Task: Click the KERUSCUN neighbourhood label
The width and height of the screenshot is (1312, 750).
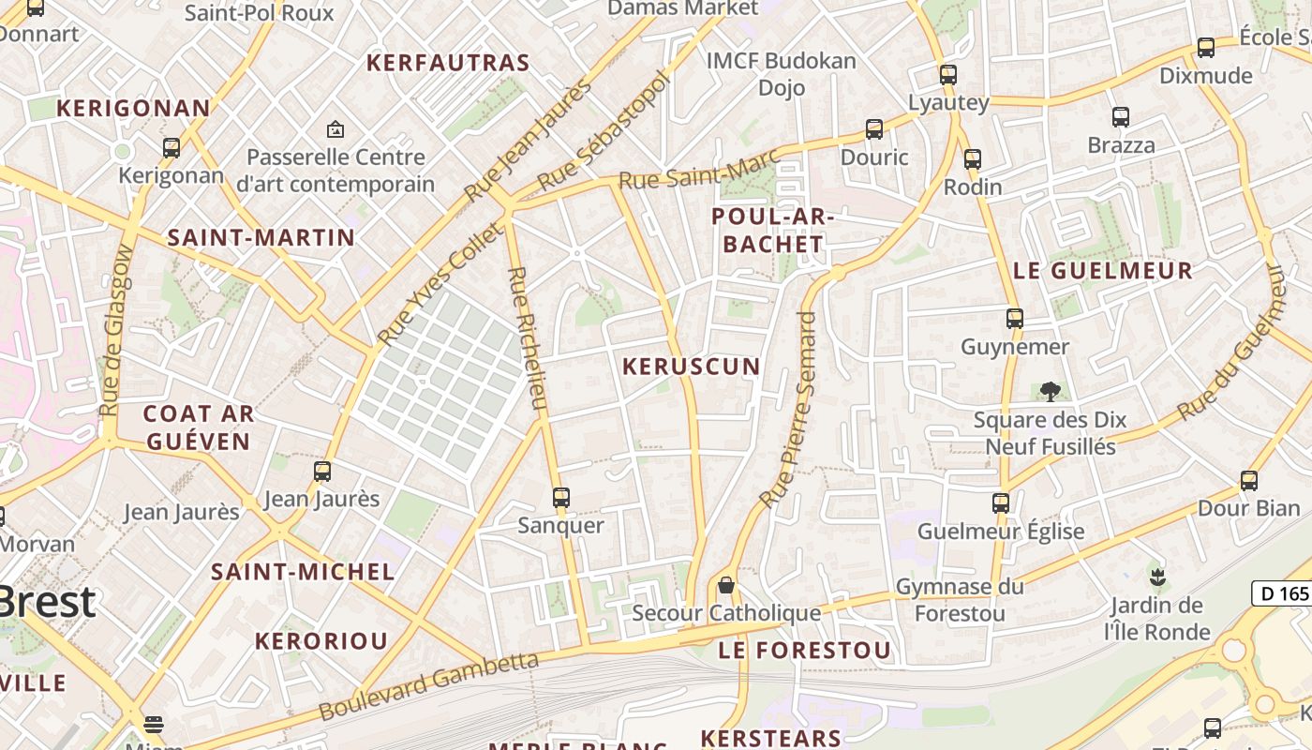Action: [692, 367]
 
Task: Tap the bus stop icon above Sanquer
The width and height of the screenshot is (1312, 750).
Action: [561, 498]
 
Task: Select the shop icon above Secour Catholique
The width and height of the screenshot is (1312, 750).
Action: [725, 586]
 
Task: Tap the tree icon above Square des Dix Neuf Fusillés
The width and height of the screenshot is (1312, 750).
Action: [1050, 391]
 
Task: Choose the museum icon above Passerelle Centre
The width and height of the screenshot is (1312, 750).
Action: [335, 129]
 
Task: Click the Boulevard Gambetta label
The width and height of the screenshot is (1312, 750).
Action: [429, 686]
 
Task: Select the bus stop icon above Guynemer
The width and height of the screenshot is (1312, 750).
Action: [1015, 319]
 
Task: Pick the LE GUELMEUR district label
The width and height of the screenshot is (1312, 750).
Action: [1103, 271]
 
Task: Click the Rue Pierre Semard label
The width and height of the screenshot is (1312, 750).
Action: [789, 411]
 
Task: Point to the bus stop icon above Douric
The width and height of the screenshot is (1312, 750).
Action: [874, 129]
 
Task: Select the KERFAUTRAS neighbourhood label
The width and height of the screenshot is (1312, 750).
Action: [448, 64]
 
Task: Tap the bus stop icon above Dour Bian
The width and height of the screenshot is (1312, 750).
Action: [1249, 481]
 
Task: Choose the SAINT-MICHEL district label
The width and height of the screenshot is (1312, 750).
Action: [303, 572]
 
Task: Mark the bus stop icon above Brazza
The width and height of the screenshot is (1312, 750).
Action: [1121, 117]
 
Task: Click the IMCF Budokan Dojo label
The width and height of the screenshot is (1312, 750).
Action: [782, 74]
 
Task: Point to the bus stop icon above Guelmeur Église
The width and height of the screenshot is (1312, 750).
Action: [1001, 503]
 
